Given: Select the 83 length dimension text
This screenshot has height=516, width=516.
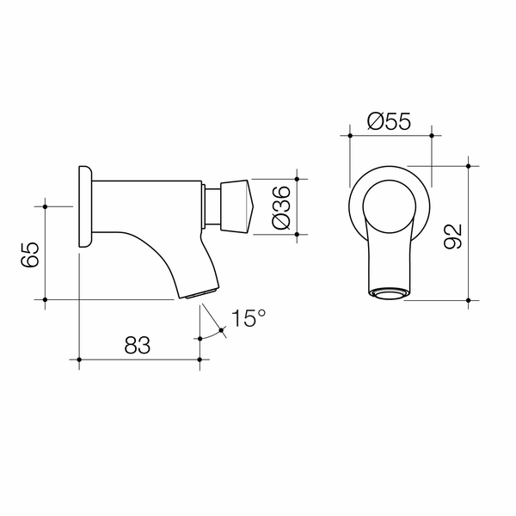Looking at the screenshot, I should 138,346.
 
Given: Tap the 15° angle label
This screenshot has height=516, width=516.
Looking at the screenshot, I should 248,319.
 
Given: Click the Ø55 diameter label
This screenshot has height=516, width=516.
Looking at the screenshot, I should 388,121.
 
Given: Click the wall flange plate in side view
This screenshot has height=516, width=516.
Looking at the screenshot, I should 85,206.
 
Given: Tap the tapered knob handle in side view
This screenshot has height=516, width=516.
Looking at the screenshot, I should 235,206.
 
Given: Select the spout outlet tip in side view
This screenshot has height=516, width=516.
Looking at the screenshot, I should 197,295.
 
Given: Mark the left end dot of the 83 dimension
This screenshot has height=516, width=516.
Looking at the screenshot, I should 79,359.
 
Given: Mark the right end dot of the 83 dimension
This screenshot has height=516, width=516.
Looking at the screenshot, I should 200,359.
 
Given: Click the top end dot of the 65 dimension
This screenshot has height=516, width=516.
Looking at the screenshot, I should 45,206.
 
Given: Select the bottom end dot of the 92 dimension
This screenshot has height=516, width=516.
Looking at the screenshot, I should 468,300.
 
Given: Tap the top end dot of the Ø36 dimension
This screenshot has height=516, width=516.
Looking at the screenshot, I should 297,180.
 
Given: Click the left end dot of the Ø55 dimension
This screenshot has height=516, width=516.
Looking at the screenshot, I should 349,135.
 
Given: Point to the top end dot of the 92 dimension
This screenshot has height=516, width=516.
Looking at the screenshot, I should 468,164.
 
